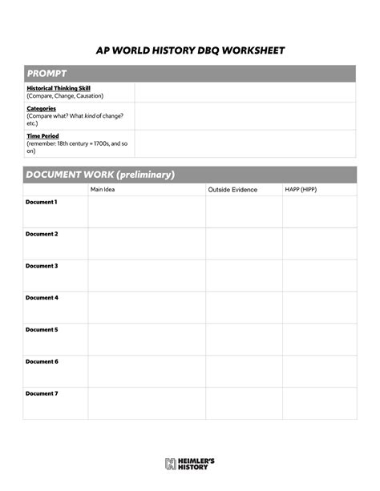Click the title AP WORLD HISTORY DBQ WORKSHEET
190,50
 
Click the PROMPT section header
45,74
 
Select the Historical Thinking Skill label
59,88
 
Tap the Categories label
41,108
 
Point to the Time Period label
43,136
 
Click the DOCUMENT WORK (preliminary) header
100,175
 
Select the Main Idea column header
103,190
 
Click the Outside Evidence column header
232,190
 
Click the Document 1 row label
42,203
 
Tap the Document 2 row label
42,234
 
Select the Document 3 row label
42,266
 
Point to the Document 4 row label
42,298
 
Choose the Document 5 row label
42,330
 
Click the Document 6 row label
42,362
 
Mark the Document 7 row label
42,394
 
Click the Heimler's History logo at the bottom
190,463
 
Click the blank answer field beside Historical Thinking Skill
245,92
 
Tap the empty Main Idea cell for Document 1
146,211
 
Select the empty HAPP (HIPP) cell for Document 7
319,403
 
